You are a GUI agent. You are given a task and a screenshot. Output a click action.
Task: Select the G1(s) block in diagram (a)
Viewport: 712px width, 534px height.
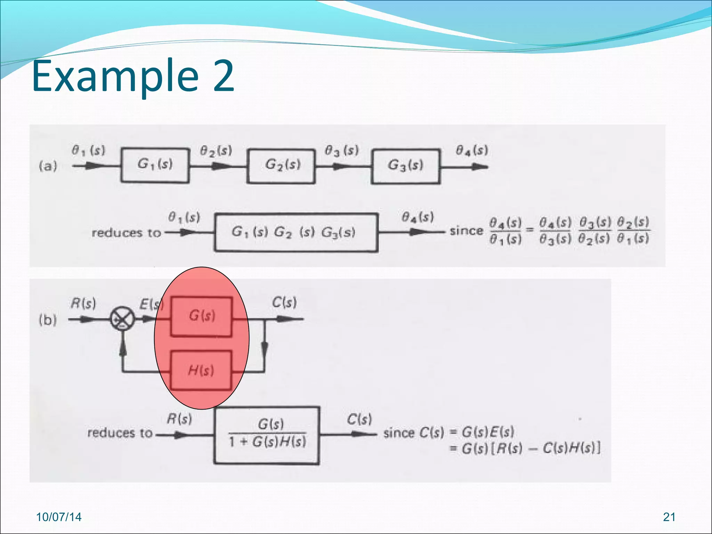coord(155,165)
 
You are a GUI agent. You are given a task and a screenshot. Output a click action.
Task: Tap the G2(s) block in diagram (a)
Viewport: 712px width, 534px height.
coord(281,166)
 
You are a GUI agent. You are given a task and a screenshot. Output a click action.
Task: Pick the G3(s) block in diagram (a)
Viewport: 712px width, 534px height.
coord(406,167)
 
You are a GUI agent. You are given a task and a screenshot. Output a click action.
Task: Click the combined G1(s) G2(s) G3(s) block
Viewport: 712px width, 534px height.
coord(296,232)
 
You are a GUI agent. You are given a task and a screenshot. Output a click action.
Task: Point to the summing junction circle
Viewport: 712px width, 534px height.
coord(122,318)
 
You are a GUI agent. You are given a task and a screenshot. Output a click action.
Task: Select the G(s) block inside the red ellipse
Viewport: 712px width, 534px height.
coord(202,316)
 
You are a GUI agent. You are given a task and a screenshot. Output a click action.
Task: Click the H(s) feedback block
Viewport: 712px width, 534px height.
coord(201,370)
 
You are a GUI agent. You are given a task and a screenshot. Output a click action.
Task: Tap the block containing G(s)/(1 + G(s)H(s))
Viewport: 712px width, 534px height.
coord(267,435)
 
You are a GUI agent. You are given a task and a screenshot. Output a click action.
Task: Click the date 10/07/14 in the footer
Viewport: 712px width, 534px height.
coord(59,517)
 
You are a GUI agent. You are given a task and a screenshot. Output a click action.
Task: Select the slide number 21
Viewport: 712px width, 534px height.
coord(669,517)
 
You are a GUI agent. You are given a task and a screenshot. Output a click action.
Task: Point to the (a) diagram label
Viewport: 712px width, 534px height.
coord(48,166)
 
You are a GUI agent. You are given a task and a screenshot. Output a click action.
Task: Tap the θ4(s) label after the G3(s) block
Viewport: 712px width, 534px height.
coord(472,151)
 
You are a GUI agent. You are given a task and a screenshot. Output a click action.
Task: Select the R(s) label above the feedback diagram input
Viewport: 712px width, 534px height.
coord(83,303)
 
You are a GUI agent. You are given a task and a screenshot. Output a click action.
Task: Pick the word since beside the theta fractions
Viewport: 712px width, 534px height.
coord(466,231)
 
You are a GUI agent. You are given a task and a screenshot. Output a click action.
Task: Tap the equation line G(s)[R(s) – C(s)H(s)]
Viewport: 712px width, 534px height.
coord(525,448)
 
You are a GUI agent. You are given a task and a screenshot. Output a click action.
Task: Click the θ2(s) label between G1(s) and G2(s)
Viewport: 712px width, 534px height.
coord(216,151)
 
